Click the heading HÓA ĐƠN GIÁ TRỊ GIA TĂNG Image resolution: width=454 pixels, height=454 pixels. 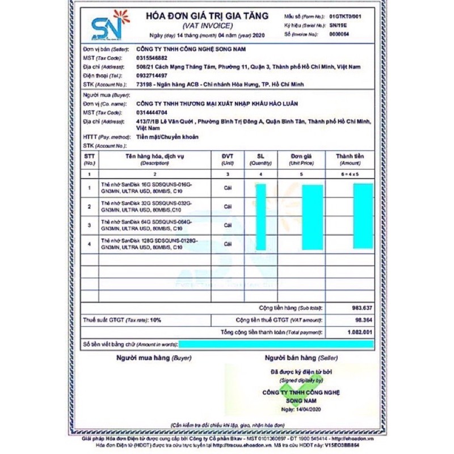point(207,16)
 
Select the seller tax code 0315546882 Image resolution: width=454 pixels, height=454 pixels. point(152,58)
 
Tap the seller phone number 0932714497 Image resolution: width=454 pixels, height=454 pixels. point(152,75)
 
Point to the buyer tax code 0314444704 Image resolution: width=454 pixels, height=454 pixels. point(152,112)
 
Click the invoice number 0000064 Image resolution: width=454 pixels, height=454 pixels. point(339,35)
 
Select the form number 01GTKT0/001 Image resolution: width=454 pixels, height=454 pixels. point(344,16)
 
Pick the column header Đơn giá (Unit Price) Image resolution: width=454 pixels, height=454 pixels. point(301,159)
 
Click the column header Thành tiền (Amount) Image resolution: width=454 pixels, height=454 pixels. point(350,159)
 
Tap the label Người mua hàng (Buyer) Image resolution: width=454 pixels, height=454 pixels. point(154,358)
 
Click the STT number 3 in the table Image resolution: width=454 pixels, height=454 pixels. point(89,225)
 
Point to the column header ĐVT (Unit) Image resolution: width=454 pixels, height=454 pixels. point(228,159)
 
